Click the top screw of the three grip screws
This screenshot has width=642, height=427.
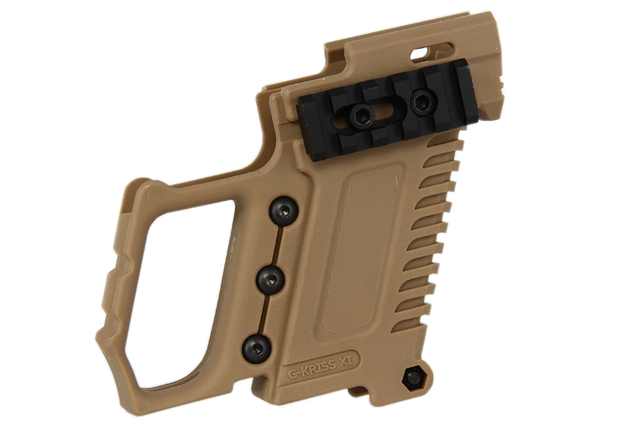point(283,211)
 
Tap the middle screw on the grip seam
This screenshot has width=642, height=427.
point(271,280)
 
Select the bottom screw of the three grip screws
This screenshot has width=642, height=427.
point(257,348)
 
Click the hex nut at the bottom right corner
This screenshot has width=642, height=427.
point(414,377)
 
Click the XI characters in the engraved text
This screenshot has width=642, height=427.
point(343,361)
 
